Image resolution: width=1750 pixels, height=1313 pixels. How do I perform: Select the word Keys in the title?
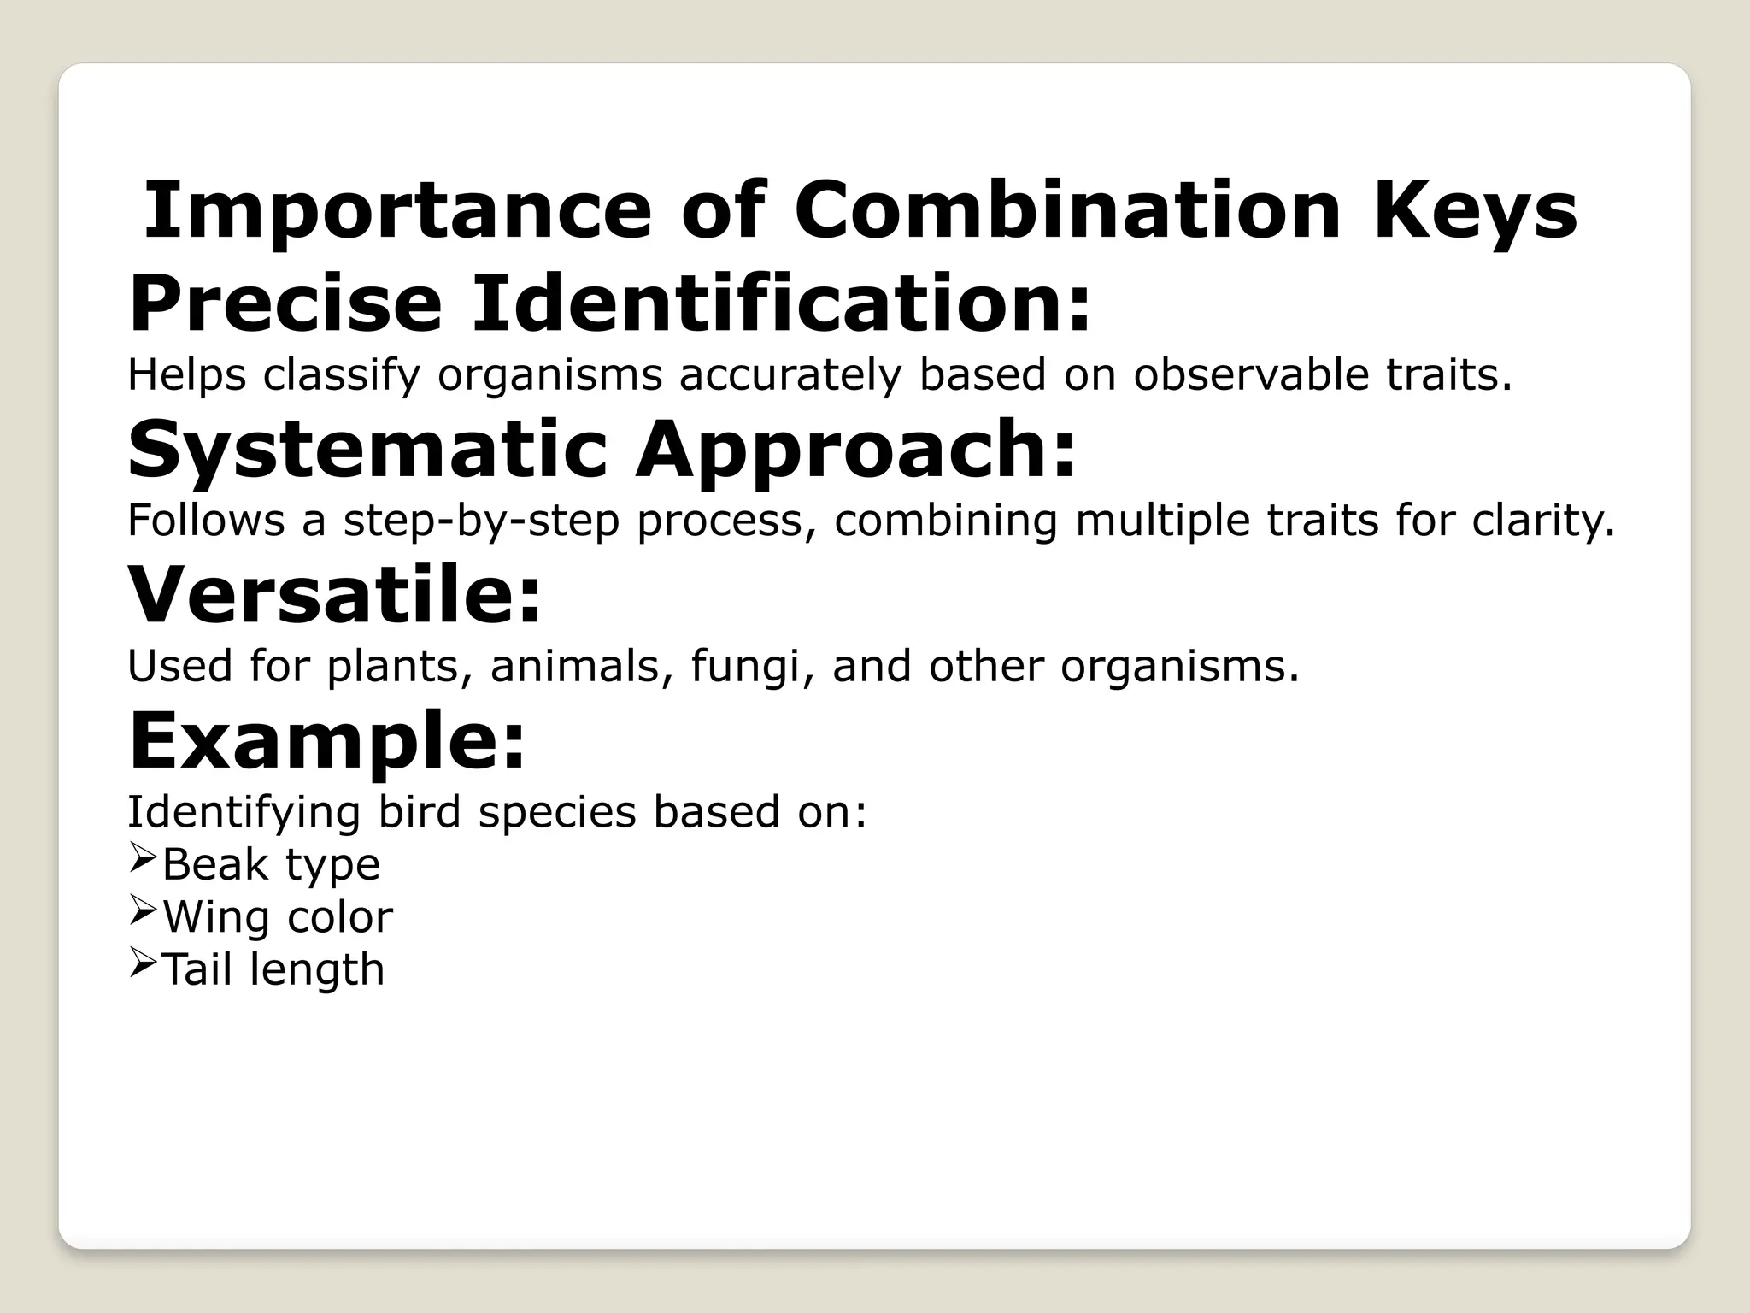coord(1475,210)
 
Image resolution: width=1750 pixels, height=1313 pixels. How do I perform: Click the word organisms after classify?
coord(549,374)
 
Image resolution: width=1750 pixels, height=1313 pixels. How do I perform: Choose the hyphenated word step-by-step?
coord(481,520)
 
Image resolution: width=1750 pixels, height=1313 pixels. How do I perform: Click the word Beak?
coord(214,864)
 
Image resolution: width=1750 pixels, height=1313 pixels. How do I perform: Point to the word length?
coord(316,970)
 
